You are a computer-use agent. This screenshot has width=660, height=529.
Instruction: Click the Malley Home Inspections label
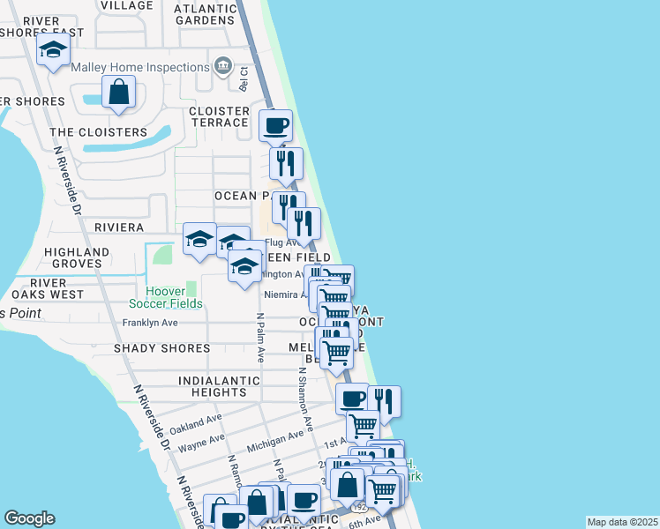pos(139,67)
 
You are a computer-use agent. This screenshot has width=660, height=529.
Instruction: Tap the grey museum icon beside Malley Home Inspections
pos(222,66)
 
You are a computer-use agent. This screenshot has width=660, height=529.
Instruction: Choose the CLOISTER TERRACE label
pos(220,116)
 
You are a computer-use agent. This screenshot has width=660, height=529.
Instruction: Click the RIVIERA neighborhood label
pos(119,227)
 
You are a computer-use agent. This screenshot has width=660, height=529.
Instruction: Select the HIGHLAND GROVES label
pos(77,257)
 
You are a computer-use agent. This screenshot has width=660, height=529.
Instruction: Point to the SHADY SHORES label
pos(161,348)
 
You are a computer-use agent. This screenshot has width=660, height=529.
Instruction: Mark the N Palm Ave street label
pos(260,338)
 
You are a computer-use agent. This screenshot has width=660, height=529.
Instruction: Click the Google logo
pos(29,518)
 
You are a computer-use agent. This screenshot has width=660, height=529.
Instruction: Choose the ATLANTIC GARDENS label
pos(206,15)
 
